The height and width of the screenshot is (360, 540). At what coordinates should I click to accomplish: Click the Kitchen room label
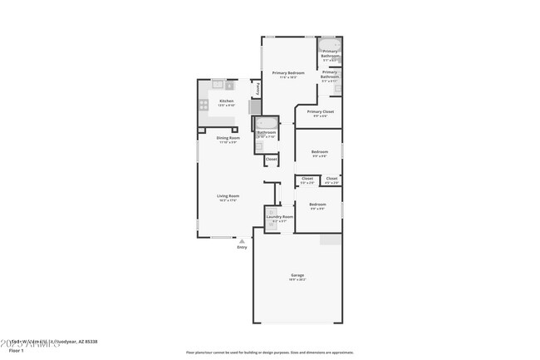226,101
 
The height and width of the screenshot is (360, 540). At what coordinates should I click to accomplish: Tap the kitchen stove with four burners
204,105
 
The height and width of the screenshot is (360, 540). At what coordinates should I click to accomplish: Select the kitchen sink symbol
218,84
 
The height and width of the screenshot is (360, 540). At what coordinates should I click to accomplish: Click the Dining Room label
228,138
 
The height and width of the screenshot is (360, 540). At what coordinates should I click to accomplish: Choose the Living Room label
228,196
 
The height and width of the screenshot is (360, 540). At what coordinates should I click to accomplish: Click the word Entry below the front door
242,247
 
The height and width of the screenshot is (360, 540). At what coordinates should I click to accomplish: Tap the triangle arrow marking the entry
242,240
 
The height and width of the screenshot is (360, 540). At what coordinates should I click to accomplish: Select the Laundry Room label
279,217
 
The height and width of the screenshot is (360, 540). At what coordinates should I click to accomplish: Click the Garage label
297,275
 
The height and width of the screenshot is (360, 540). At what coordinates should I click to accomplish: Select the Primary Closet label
320,111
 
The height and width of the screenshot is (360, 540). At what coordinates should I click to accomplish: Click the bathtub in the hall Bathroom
266,123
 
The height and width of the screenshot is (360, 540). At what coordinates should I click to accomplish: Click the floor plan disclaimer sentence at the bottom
269,353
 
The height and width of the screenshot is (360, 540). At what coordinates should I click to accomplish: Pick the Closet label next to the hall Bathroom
271,159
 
